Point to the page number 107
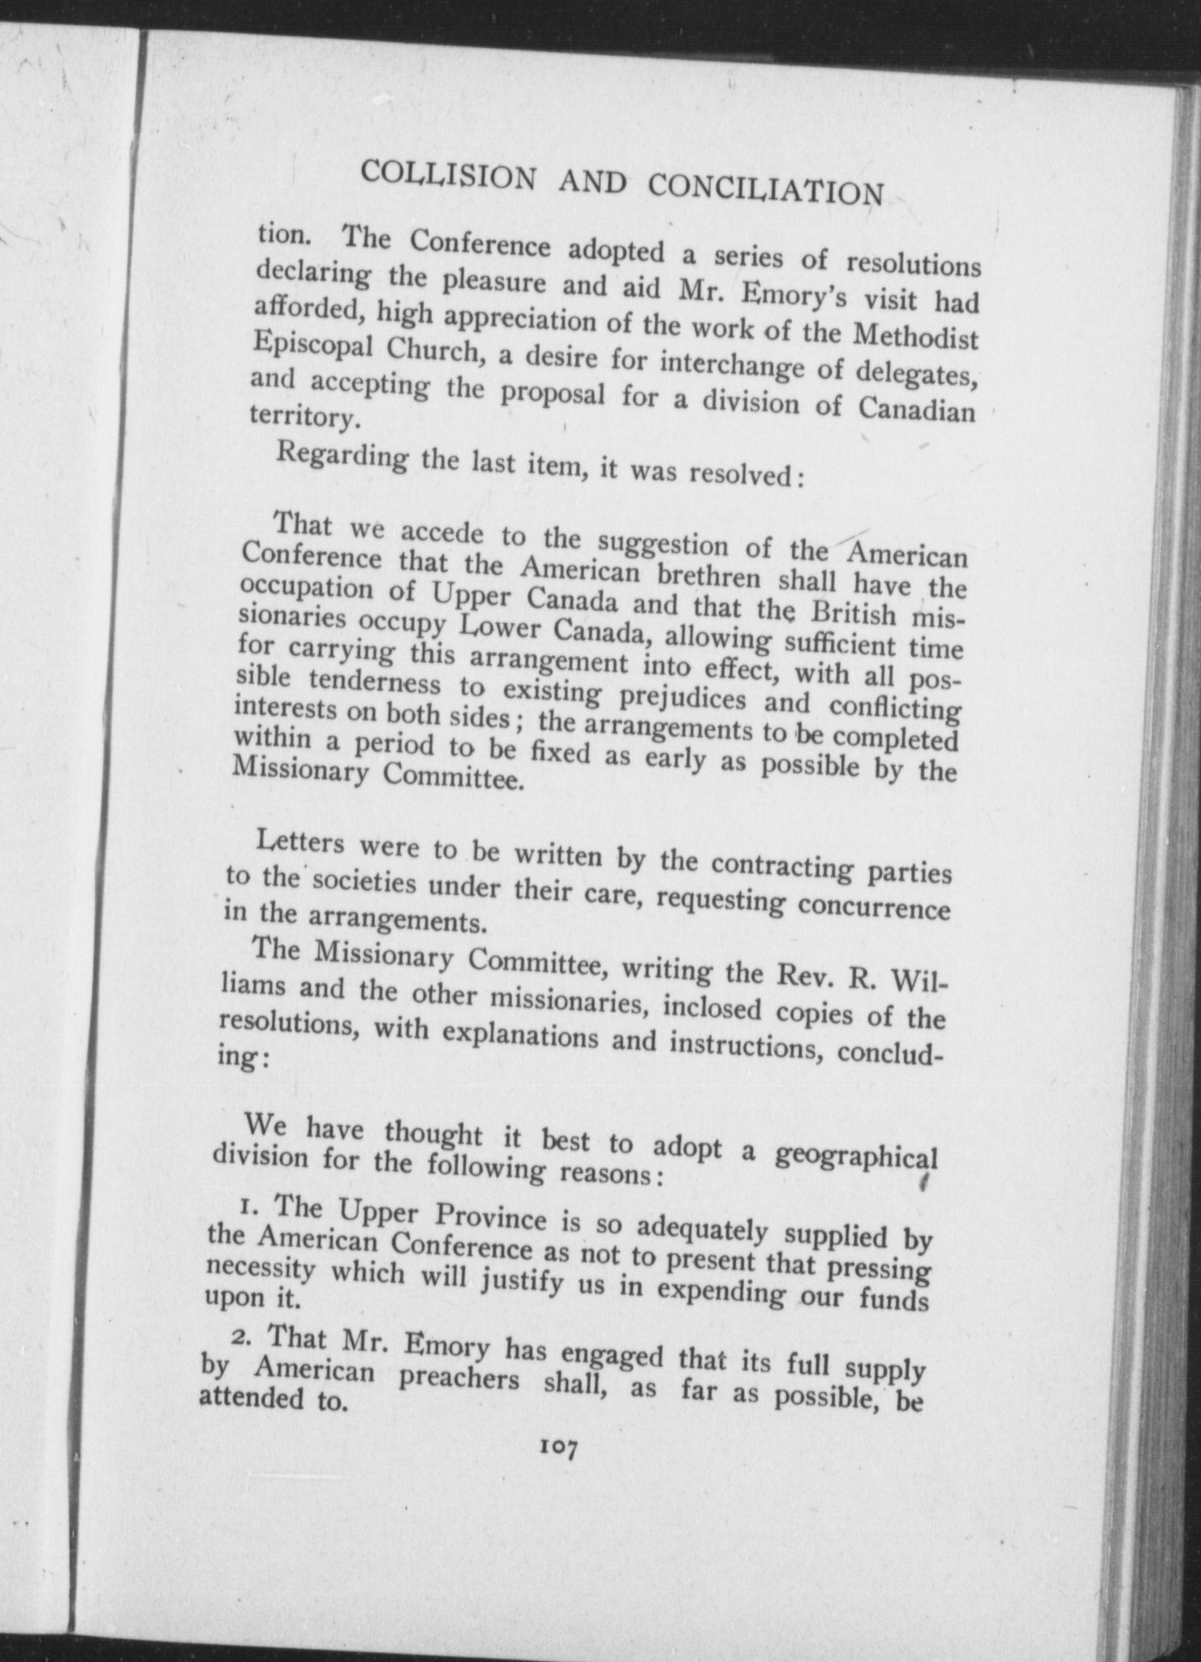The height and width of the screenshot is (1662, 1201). click(557, 1447)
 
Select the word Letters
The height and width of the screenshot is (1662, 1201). click(300, 843)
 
